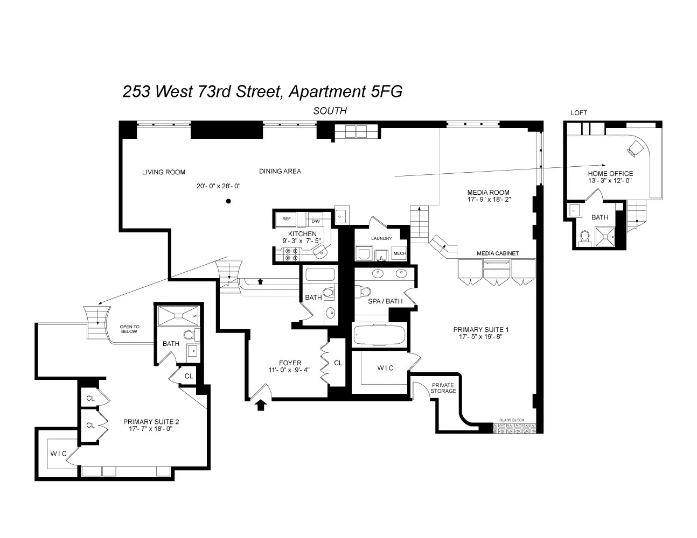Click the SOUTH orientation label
pyautogui.click(x=330, y=111)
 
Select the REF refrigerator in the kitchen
pyautogui.click(x=287, y=220)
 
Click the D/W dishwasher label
pyautogui.click(x=316, y=221)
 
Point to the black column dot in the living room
pyautogui.click(x=228, y=201)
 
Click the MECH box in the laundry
pyautogui.click(x=399, y=253)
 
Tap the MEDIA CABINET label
pyautogui.click(x=498, y=253)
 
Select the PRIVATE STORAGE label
pyautogui.click(x=443, y=388)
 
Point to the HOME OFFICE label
pyautogui.click(x=610, y=174)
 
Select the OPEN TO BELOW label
pyautogui.click(x=129, y=329)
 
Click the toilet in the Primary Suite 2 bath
pyautogui.click(x=189, y=335)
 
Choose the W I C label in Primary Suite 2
pyautogui.click(x=59, y=454)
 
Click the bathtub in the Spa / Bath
pyautogui.click(x=379, y=335)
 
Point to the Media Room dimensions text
pyautogui.click(x=489, y=200)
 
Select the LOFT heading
pyautogui.click(x=579, y=113)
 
